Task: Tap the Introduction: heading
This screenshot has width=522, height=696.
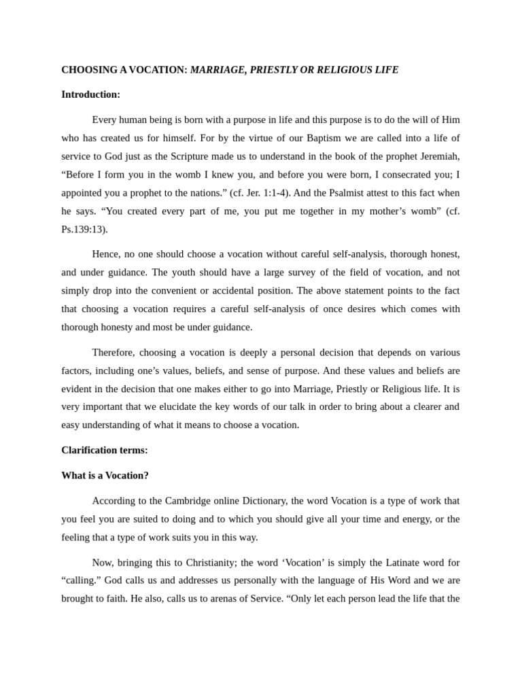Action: coord(90,94)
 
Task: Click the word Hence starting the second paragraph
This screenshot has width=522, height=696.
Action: coord(105,254)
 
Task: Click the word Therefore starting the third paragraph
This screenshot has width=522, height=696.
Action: coord(114,353)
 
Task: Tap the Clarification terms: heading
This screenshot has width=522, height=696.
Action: coord(104,450)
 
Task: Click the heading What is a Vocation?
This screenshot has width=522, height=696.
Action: coord(105,475)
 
